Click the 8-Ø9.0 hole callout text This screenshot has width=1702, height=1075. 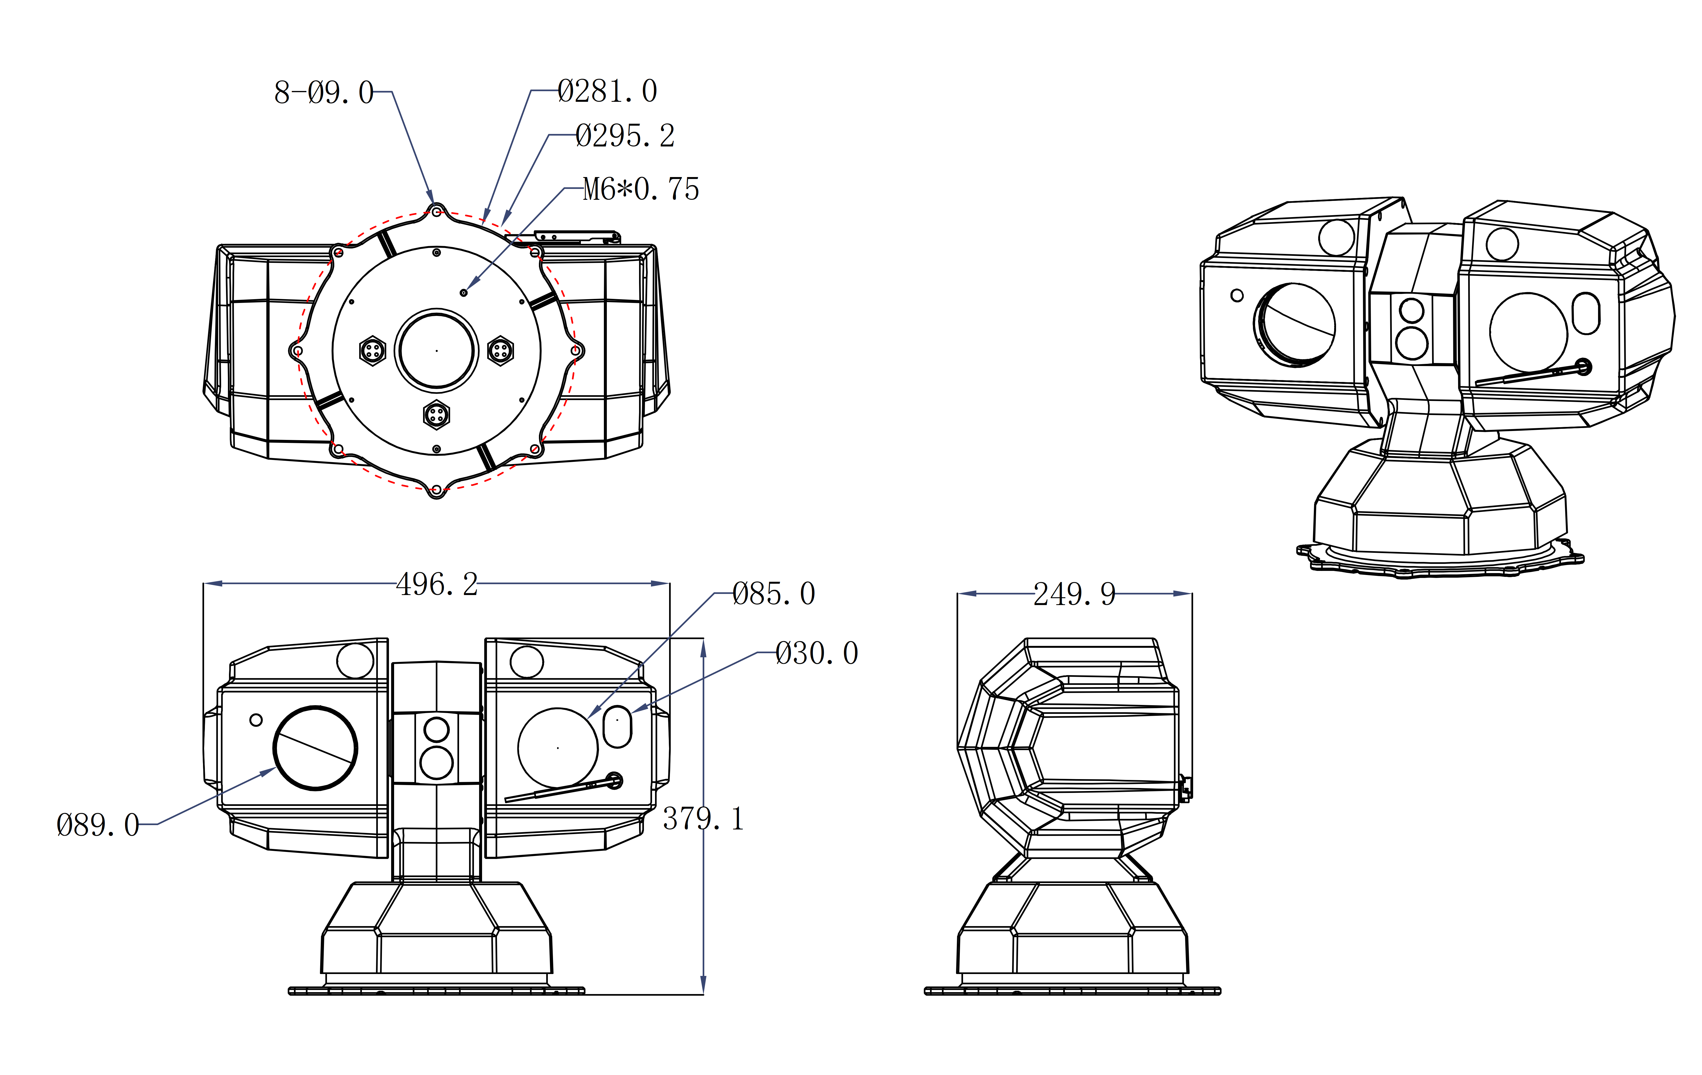324,93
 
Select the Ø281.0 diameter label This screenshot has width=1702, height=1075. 607,91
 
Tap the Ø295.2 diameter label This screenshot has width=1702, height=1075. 625,136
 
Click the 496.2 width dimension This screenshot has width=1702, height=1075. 437,584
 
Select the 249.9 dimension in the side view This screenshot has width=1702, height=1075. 1074,594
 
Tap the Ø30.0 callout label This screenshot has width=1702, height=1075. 816,653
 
